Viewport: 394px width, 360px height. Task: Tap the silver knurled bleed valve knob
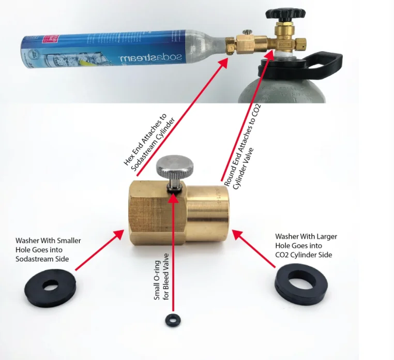coord(175,167)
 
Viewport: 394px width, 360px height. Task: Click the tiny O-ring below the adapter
coord(170,319)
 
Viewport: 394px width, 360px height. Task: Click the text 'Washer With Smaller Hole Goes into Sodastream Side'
coord(48,249)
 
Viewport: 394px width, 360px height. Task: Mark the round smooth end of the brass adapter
coord(207,212)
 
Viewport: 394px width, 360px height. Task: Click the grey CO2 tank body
coord(290,88)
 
